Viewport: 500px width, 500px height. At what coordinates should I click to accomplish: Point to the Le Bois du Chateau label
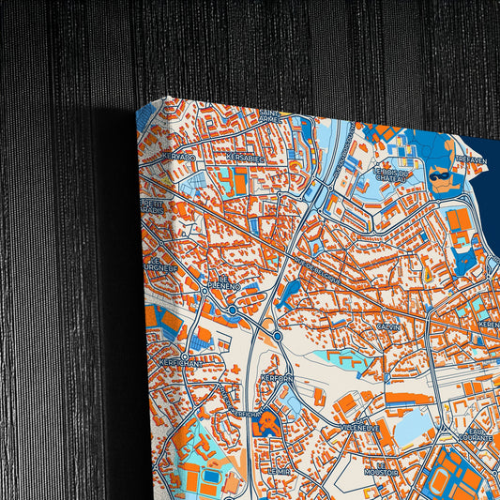pos(392,176)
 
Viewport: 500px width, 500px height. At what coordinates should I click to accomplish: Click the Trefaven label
pos(470,159)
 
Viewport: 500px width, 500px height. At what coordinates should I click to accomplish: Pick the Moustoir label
pos(381,472)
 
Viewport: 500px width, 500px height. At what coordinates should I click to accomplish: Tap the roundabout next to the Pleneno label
pos(232,309)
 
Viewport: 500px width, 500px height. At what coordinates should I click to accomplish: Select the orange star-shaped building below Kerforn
pos(269,422)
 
